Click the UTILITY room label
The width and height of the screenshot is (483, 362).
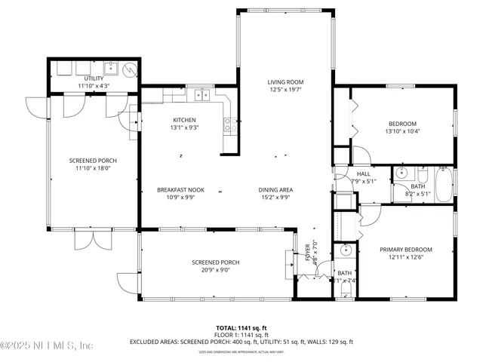point(94,78)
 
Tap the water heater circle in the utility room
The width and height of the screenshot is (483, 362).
point(131,69)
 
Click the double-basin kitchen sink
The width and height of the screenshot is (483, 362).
point(201,95)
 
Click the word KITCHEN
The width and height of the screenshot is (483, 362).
point(185,120)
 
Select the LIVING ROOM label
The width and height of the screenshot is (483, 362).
point(285,82)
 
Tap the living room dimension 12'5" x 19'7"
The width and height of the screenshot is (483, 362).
point(285,90)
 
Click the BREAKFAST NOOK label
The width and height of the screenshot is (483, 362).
point(177,189)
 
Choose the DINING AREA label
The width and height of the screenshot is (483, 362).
point(275,189)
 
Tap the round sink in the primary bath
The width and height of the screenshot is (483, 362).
point(346,250)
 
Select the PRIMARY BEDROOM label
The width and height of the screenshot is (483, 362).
point(406,250)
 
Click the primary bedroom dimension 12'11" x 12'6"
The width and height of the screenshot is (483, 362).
point(406,258)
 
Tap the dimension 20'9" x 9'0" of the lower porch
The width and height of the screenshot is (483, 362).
point(216,270)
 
